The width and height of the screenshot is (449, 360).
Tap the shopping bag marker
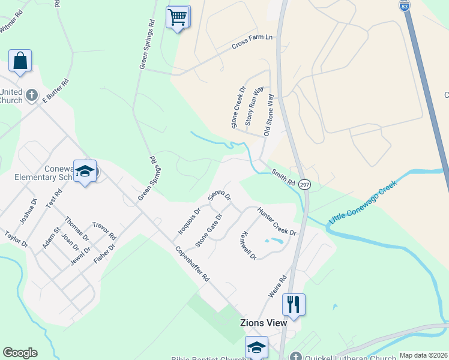(20, 61)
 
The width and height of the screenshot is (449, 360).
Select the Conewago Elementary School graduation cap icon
(85, 171)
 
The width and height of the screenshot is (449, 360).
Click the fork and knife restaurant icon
(294, 304)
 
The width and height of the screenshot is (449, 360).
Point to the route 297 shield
(304, 185)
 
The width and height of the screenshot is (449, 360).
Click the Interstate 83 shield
(405, 5)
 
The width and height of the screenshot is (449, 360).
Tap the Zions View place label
(263, 323)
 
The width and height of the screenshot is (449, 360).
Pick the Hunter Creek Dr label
(277, 221)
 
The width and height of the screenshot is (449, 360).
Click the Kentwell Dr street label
(248, 245)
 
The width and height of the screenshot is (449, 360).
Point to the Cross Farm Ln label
(252, 41)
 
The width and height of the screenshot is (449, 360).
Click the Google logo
(20, 353)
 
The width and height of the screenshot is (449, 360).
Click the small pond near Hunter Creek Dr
(274, 241)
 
